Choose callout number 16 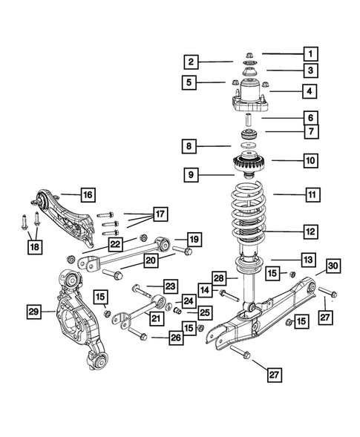[x=87, y=195]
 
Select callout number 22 [x=117, y=244]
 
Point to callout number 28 [x=218, y=277]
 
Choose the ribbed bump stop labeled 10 [x=251, y=160]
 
